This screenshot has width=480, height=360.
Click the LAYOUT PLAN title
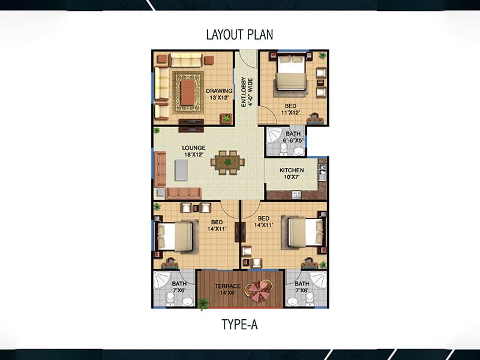tap(239, 35)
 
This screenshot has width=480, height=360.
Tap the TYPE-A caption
tap(239, 325)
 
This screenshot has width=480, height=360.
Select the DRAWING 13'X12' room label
tap(219, 94)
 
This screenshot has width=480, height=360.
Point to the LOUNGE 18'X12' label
tap(193, 151)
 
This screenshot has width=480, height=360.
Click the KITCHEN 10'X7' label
tap(292, 173)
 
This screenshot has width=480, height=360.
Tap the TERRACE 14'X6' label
tap(227, 289)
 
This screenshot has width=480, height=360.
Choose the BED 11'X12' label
tap(290, 109)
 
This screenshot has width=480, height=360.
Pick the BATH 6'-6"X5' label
tap(293, 137)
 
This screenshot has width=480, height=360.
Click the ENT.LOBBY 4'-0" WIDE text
tap(247, 92)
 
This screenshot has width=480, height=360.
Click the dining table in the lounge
tap(227, 162)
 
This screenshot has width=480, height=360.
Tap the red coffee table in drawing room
tap(187, 92)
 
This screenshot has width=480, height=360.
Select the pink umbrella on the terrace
tap(259, 291)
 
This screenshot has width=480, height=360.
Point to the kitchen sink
tap(322, 172)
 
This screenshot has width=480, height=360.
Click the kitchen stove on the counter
tap(296, 194)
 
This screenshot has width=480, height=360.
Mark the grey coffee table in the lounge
tap(181, 170)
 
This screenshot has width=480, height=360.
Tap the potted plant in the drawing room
tap(226, 118)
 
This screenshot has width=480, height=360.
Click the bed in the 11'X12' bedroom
tap(291, 72)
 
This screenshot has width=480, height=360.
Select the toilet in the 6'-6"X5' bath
tap(283, 149)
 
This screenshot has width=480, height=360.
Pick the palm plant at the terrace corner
tap(203, 304)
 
